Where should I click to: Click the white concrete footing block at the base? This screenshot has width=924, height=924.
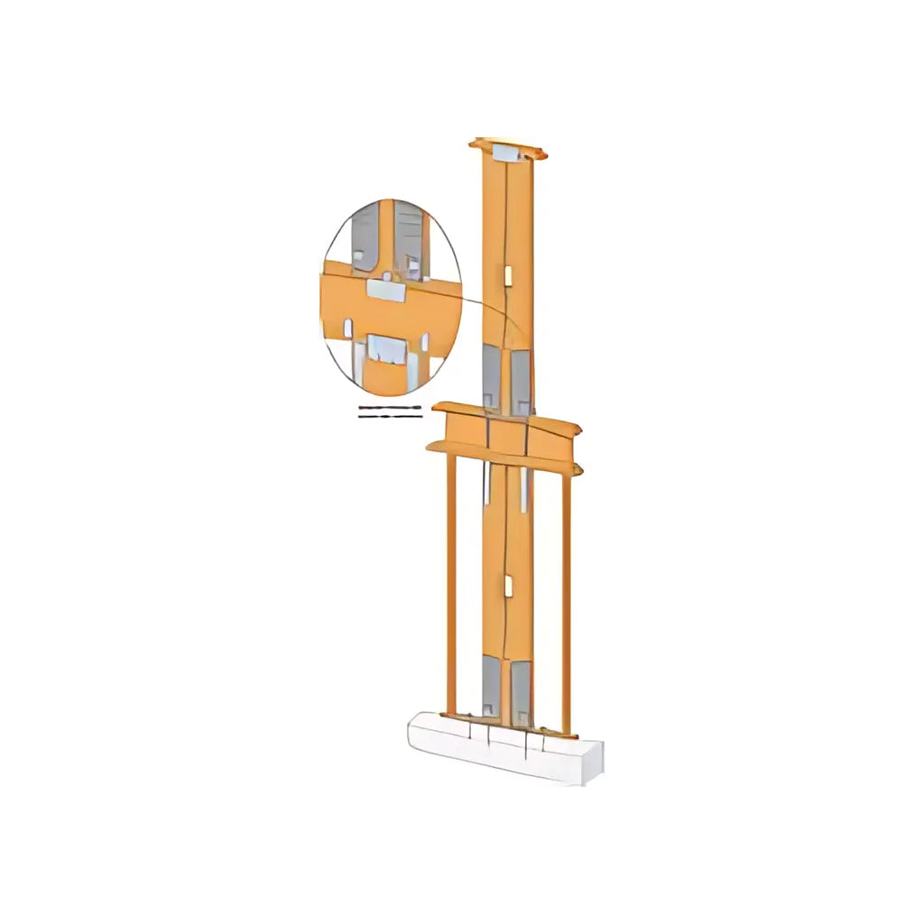pos(505,748)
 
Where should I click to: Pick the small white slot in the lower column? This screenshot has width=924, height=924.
pos(508,587)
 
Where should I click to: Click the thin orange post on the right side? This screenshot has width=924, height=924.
pos(567,600)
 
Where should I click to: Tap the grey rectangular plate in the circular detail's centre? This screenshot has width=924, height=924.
pos(386,289)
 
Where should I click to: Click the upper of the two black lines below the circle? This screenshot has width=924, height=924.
pos(390,409)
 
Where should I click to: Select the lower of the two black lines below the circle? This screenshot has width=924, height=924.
pos(390,417)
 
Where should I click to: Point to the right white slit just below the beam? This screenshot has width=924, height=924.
pos(523,487)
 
